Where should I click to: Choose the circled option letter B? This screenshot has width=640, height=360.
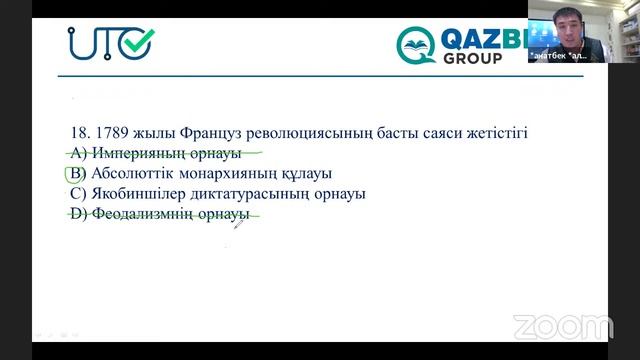(72, 173)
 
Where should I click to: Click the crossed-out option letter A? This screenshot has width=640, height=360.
(75, 153)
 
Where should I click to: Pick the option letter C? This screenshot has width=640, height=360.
(75, 193)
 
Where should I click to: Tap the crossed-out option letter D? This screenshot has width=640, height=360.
(75, 213)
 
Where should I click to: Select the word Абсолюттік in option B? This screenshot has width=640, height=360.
(130, 173)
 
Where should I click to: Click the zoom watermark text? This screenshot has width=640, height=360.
(562, 326)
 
